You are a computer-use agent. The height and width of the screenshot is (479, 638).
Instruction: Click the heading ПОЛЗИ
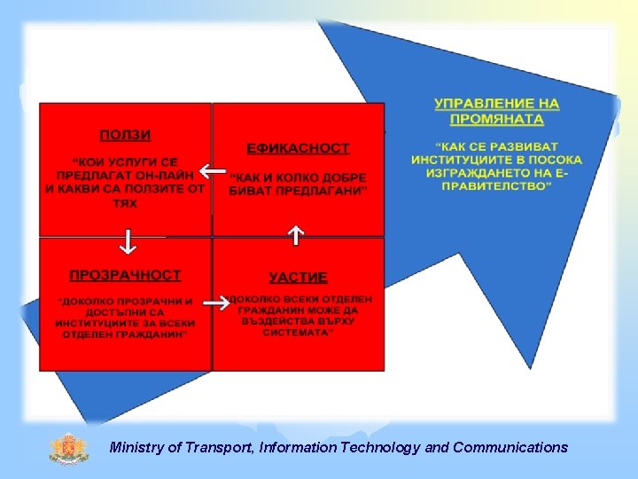tap(125, 135)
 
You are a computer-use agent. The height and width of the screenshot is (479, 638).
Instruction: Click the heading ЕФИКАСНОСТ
tap(298, 148)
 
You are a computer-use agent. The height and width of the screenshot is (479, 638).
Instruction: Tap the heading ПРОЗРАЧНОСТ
tap(125, 275)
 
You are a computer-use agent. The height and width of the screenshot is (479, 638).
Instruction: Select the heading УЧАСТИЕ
tap(299, 278)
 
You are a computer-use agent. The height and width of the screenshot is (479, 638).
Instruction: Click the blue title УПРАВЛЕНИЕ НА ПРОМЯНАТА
tap(496, 111)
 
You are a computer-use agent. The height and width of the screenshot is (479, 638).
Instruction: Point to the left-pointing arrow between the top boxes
tap(212, 170)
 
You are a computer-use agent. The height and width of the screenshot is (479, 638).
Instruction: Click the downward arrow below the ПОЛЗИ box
tap(127, 240)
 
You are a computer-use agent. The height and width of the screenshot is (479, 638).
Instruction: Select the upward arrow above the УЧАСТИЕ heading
tap(296, 235)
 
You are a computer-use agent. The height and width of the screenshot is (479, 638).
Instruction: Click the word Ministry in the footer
tap(135, 448)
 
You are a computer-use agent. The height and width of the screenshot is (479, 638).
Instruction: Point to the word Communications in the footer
tap(510, 448)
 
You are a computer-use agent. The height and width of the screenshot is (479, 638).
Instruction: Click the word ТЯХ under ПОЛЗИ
tap(124, 203)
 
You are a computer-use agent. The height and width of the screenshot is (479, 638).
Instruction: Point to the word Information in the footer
tap(300, 448)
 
